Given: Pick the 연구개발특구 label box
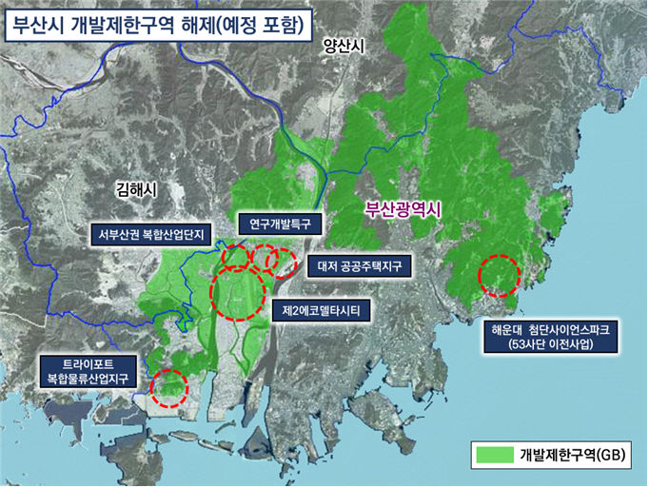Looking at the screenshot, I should pyautogui.click(x=280, y=224).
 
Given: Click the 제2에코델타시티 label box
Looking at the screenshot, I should pyautogui.click(x=321, y=310).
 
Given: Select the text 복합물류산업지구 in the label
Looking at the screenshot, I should pyautogui.click(x=87, y=379).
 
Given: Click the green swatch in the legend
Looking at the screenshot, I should pyautogui.click(x=493, y=456).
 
